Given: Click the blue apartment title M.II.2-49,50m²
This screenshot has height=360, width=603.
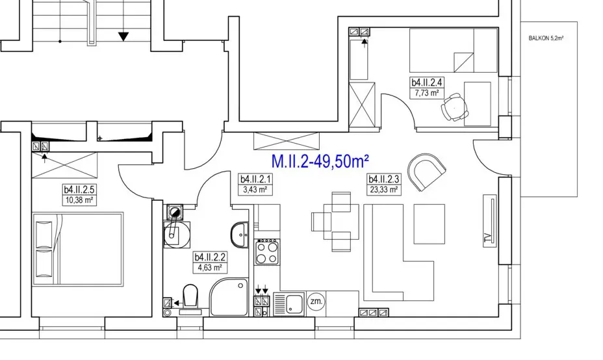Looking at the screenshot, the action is (320, 161).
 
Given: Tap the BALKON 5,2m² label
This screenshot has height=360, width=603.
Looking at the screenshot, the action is (546, 38).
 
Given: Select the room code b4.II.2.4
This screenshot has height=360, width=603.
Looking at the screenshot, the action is (427, 83).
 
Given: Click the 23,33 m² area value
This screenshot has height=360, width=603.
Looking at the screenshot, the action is (383, 189).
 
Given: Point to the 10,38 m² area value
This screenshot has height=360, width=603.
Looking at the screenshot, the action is (79, 200).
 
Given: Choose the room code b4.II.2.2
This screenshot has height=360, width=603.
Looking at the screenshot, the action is (210, 257).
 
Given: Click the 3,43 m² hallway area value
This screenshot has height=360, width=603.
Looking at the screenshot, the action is (255, 189).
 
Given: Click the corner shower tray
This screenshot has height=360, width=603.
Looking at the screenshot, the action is (229, 297).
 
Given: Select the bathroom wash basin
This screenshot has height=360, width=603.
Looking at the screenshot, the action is (240, 235).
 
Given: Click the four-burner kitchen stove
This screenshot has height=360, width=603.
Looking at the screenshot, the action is (267, 252).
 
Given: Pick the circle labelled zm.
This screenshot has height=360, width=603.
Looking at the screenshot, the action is (316, 301).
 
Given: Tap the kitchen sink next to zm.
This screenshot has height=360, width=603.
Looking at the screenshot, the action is (289, 304).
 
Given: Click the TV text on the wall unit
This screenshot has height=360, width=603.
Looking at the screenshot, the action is (488, 237).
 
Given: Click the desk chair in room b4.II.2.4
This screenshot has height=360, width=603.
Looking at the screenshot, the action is (455, 107).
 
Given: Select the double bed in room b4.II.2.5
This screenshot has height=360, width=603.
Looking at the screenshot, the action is (78, 249).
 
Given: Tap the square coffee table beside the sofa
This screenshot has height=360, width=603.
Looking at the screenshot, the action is (429, 224).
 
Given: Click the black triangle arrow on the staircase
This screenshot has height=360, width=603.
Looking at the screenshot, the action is (123, 36).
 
